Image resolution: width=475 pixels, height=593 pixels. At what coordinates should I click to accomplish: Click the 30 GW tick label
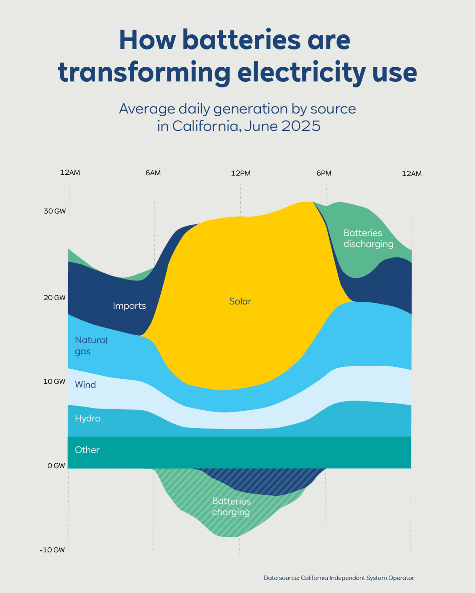click(x=54, y=211)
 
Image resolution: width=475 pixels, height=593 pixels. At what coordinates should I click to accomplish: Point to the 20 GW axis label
click(x=54, y=298)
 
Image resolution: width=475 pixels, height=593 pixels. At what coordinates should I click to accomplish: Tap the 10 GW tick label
click(x=54, y=382)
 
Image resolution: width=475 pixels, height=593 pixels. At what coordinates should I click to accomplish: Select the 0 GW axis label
click(x=56, y=466)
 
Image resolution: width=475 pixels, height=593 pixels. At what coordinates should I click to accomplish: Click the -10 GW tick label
click(x=52, y=550)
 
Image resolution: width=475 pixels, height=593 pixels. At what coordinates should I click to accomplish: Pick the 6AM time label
click(x=153, y=173)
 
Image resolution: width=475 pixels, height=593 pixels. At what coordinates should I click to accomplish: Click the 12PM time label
click(x=240, y=173)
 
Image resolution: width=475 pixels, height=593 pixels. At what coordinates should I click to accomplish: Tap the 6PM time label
click(x=324, y=173)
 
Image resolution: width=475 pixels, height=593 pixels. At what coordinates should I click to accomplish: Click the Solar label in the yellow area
click(x=240, y=301)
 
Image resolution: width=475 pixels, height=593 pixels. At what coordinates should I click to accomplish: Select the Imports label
click(x=129, y=306)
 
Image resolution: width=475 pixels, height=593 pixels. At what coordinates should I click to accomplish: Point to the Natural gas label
click(x=91, y=346)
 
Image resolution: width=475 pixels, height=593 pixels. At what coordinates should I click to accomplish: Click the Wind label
click(x=85, y=385)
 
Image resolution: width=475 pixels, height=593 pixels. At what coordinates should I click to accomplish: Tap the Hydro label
click(x=88, y=418)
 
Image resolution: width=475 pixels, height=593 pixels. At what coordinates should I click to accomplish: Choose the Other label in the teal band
click(x=87, y=450)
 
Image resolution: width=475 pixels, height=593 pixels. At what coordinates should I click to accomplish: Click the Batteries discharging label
click(x=368, y=238)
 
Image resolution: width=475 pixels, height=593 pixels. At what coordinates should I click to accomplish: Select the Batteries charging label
click(x=231, y=507)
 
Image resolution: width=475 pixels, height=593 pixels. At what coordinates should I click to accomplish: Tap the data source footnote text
click(x=338, y=578)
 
